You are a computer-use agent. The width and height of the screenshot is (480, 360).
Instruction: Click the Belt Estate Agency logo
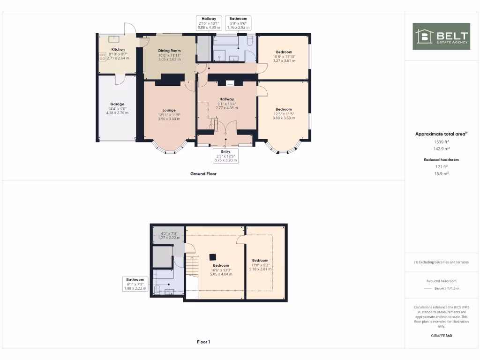441,37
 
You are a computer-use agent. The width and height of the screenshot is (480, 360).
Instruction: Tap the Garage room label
117,104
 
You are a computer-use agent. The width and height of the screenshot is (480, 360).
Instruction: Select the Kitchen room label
118,49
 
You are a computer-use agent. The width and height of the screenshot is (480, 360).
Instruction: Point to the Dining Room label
169,51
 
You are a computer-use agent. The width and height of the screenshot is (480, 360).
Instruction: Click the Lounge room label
169,110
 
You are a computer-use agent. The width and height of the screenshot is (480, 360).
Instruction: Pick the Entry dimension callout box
225,155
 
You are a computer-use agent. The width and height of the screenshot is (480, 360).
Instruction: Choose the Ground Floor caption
203,173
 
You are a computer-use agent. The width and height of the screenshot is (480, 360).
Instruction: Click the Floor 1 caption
203,342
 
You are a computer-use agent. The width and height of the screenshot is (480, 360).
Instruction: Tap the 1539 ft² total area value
441,142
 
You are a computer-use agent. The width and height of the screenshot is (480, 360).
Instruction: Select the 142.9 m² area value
441,149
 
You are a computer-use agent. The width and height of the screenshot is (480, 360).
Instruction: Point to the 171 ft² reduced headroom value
441,166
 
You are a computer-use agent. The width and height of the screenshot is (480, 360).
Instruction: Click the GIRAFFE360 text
441,336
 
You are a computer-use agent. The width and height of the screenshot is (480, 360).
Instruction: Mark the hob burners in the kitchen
103,56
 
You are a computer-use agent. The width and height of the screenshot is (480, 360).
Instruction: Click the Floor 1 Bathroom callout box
135,284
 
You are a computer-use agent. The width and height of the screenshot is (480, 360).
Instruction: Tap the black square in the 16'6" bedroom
213,256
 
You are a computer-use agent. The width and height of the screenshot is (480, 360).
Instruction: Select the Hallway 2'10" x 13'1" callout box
209,23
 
